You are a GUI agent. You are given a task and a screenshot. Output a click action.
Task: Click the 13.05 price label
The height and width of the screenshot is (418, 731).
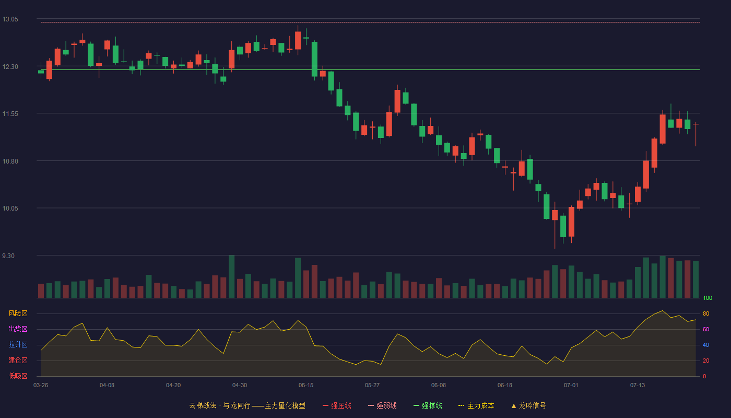point(10,19)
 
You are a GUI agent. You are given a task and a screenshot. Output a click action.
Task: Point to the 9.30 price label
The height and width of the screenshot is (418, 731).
point(8,256)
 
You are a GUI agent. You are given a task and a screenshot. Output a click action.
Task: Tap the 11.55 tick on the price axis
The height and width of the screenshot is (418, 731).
point(10,114)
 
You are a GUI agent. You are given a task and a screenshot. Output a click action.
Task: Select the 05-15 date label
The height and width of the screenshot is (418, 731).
point(306,386)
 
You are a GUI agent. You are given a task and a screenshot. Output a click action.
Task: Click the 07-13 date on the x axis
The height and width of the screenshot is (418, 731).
point(638,386)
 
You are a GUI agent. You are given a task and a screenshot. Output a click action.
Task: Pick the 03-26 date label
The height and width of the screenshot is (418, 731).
point(41,386)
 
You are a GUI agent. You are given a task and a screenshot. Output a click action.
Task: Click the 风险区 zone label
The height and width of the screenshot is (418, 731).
point(18,313)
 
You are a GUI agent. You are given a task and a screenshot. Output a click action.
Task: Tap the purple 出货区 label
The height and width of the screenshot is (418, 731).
point(18,329)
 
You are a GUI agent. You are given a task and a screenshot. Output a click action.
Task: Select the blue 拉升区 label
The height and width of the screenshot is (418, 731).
point(18,344)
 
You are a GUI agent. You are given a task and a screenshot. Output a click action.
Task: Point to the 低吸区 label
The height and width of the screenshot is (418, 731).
point(18,376)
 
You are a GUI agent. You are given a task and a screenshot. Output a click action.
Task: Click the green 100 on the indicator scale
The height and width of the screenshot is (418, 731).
point(708,298)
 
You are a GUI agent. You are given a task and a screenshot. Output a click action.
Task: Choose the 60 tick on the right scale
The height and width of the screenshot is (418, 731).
point(706,329)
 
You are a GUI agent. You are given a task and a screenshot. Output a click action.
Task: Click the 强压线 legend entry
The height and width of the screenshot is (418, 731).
point(337,405)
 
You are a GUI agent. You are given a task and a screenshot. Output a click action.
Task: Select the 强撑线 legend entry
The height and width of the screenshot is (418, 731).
point(428,405)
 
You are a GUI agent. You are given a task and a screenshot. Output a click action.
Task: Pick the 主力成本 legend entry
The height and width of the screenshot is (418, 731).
point(476,405)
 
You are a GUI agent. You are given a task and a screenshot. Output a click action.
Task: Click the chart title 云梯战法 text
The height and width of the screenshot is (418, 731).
point(203,405)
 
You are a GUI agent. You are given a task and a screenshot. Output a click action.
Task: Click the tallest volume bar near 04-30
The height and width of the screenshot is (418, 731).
point(232,276)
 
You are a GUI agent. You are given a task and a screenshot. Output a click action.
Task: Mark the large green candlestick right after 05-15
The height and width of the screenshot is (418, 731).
point(314,59)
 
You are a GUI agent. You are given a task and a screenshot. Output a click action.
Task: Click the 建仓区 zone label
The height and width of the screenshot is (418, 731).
point(18,360)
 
